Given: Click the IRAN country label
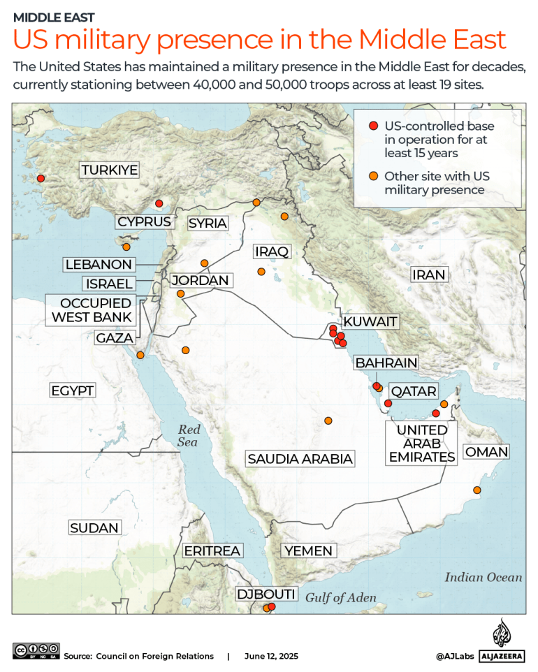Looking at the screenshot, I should click(428, 275).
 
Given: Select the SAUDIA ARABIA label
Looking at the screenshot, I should click(300, 459).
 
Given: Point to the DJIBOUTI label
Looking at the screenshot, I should click(266, 594).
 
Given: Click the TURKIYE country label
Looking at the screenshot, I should click(109, 170).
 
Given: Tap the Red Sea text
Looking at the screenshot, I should click(188, 436).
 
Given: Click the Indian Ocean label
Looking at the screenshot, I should click(484, 577).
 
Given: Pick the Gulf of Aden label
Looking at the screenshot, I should click(341, 598).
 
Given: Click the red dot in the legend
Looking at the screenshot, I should click(373, 126).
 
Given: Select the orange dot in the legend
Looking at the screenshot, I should click(373, 176).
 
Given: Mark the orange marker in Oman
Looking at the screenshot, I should click(477, 490).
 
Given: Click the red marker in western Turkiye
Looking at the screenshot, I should click(41, 178).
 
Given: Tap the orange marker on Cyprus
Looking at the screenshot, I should click(126, 247).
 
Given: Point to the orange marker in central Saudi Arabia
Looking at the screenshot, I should click(328, 421).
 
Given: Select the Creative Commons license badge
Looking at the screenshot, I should click(36, 650).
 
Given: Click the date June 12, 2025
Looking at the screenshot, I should click(271, 656).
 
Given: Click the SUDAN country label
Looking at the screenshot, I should click(94, 528).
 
